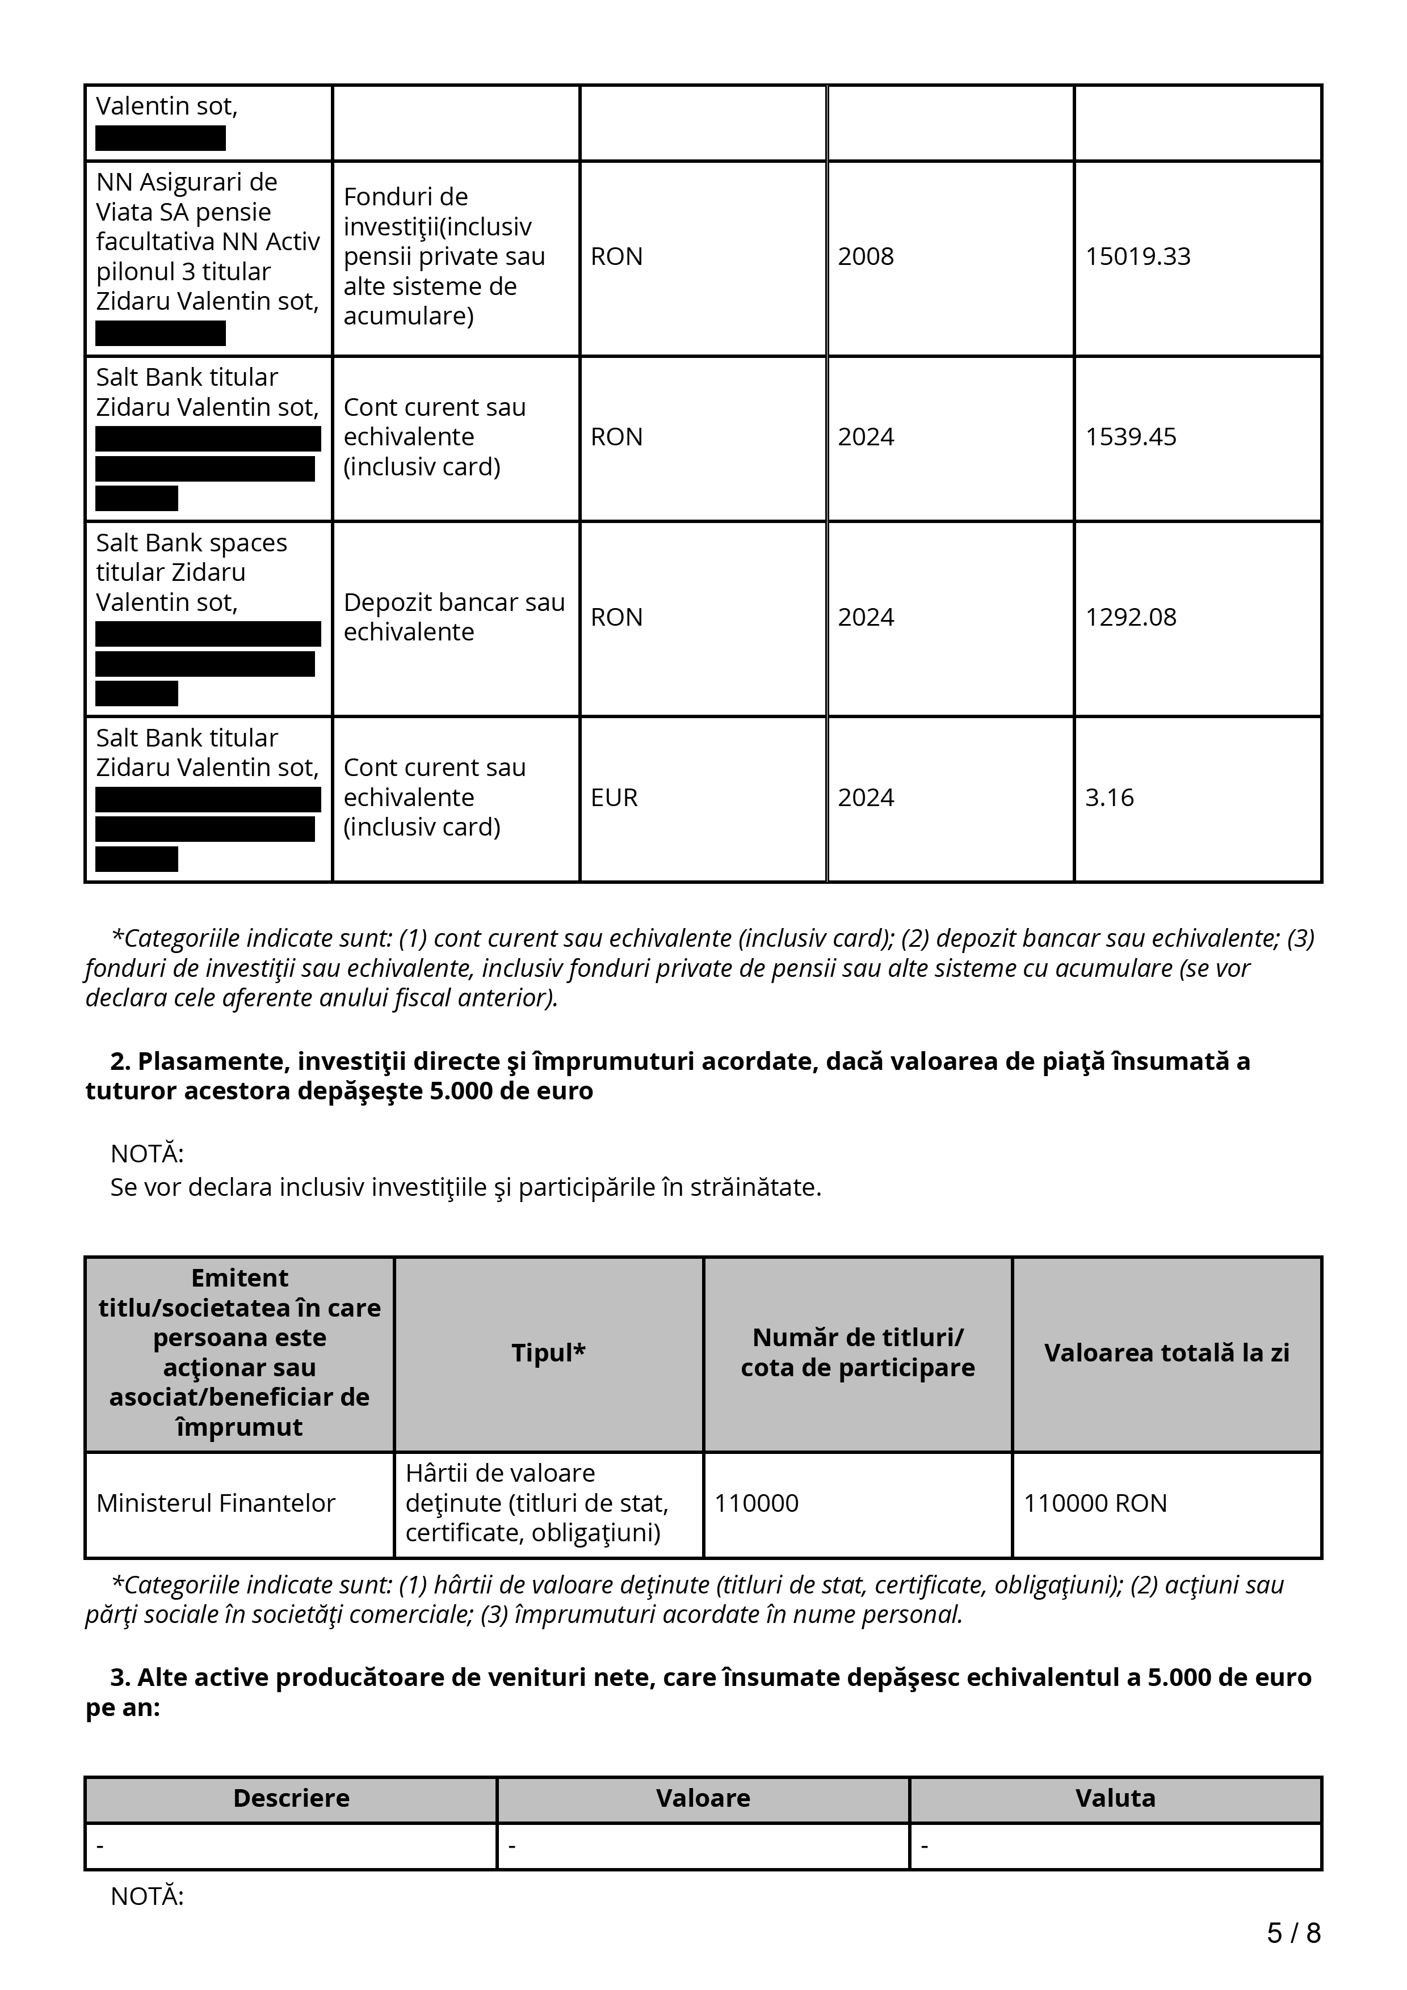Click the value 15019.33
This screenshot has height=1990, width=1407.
(1137, 256)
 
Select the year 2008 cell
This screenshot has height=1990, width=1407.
(865, 256)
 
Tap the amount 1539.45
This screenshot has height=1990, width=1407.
(1131, 437)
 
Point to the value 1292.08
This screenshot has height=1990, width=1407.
(1131, 617)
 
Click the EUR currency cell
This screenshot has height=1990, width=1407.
(614, 798)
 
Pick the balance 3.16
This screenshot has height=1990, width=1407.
(1109, 798)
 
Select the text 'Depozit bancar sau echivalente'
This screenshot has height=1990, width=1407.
(453, 617)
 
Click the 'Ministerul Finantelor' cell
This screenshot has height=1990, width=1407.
(215, 1503)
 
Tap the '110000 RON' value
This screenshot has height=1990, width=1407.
(1095, 1503)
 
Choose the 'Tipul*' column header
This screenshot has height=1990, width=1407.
(548, 1353)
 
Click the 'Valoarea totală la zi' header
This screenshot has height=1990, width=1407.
(1166, 1353)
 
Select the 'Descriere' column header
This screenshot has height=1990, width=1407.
(291, 1798)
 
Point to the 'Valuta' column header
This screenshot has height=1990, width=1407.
(1115, 1798)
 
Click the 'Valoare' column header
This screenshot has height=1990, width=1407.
(703, 1798)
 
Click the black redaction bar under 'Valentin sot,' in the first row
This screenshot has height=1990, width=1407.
(161, 138)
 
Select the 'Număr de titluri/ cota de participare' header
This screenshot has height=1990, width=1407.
(858, 1353)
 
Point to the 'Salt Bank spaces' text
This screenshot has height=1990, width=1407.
(191, 542)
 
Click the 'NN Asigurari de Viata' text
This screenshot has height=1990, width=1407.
(186, 197)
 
